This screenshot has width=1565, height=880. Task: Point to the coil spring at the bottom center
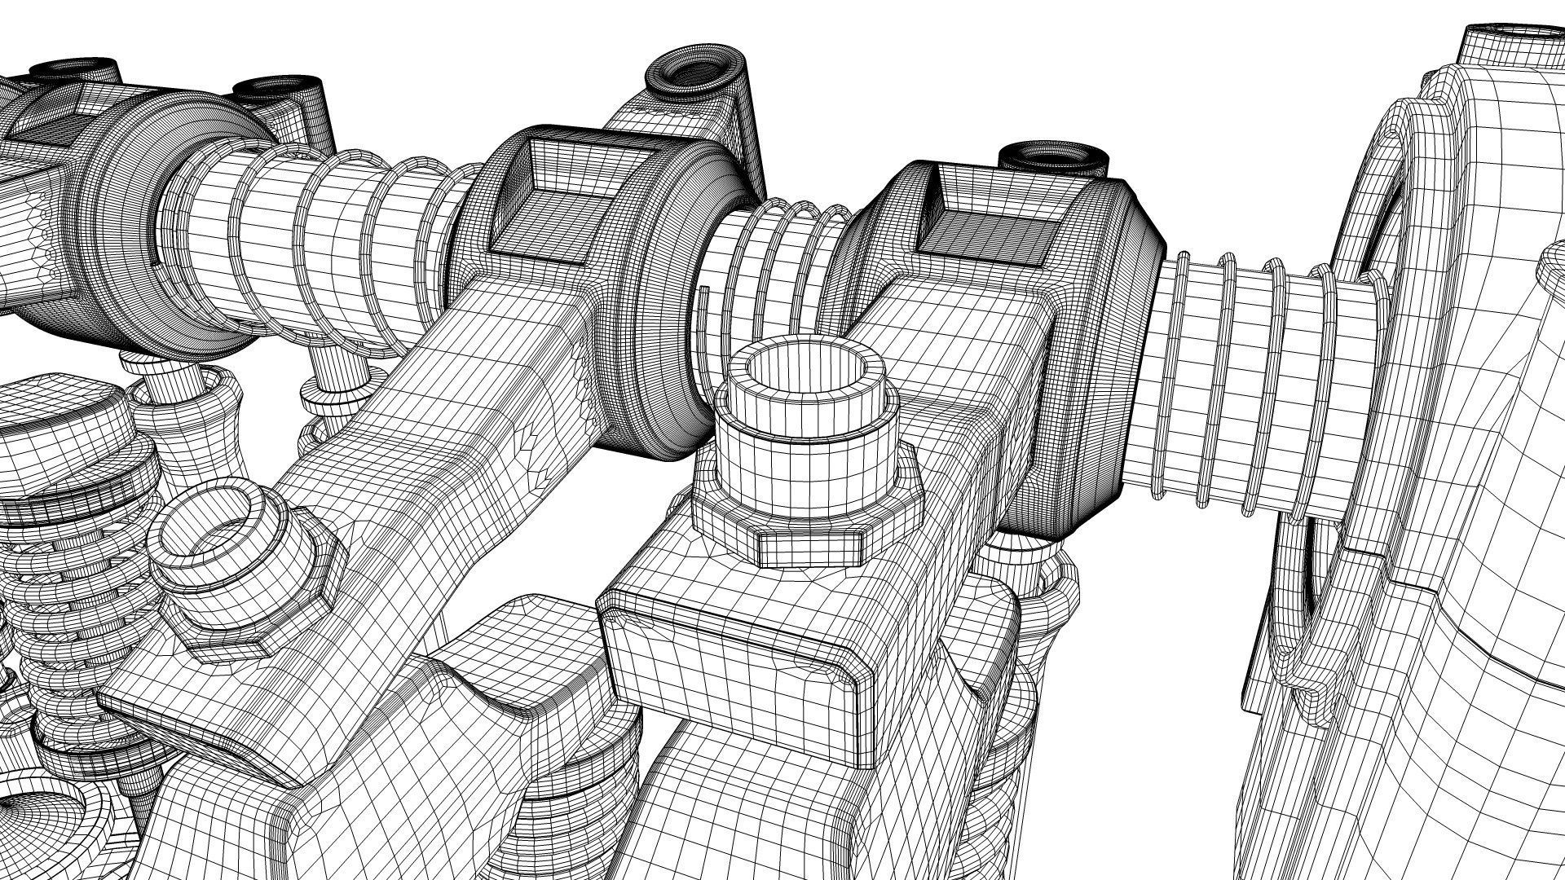(x=562, y=815)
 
